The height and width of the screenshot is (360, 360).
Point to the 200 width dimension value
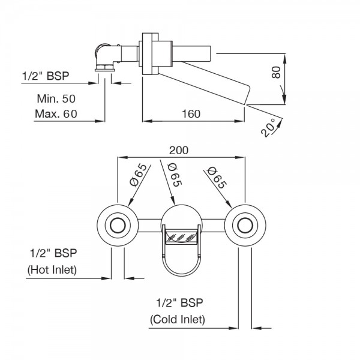click(x=179, y=150)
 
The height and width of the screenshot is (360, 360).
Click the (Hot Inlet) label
click(x=52, y=269)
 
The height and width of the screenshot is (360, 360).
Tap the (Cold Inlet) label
click(x=178, y=319)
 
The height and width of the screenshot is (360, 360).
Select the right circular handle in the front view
click(x=244, y=226)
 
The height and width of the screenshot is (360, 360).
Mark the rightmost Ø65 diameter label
click(x=215, y=178)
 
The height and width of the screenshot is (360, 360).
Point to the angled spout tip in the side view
click(x=247, y=94)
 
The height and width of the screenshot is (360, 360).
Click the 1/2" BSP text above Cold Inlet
click(x=178, y=302)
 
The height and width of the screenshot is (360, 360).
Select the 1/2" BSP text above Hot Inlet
click(x=52, y=252)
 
